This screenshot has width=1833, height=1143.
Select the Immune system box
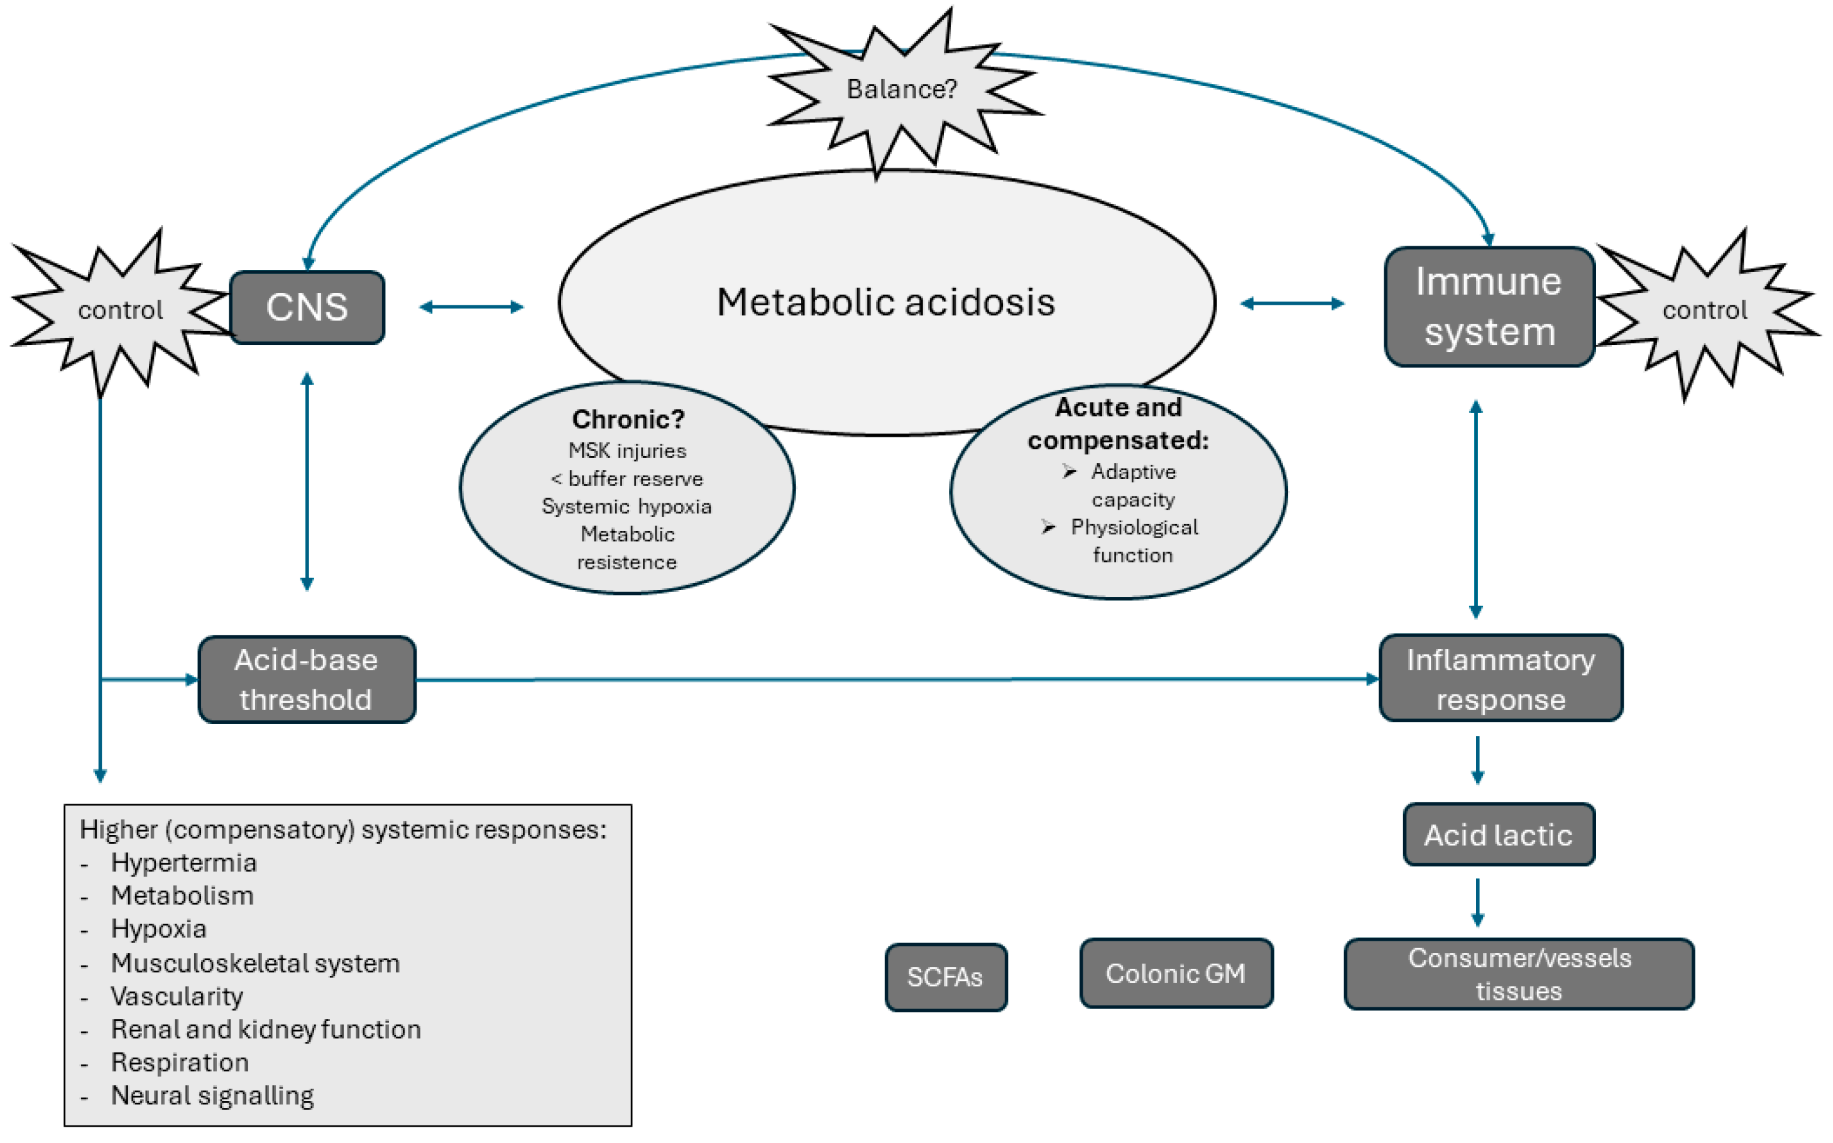pyautogui.click(x=1488, y=307)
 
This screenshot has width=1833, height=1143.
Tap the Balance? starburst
pyautogui.click(x=901, y=90)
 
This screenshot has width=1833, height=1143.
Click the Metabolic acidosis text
pyautogui.click(x=885, y=302)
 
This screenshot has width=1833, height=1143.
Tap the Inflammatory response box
pyautogui.click(x=1500, y=679)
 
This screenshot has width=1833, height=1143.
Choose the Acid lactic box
pyautogui.click(x=1498, y=834)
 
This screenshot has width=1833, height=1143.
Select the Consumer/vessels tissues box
pyautogui.click(x=1519, y=974)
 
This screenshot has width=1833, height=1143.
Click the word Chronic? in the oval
pyautogui.click(x=627, y=418)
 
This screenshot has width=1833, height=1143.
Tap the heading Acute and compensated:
pyautogui.click(x=1118, y=424)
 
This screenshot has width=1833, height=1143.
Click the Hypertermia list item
pyautogui.click(x=183, y=863)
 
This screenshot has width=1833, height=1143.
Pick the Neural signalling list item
pyautogui.click(x=212, y=1095)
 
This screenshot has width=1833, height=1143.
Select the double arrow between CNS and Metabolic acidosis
pyautogui.click(x=471, y=306)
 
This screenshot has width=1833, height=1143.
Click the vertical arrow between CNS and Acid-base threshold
pyautogui.click(x=307, y=481)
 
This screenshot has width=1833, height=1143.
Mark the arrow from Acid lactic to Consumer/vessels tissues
pyautogui.click(x=1477, y=902)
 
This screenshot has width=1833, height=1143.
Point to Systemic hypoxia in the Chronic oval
pyautogui.click(x=626, y=506)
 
